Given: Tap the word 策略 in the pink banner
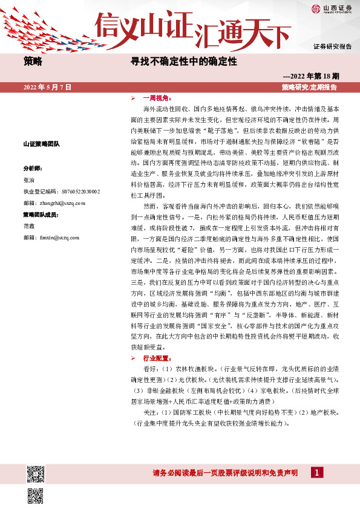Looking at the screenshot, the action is tap(33, 62).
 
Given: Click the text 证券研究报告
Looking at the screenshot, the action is tap(332, 46).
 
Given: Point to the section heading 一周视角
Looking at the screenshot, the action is tap(152, 98).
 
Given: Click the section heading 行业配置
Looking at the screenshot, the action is tap(152, 358).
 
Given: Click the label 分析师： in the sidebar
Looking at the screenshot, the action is tap(32, 169).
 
